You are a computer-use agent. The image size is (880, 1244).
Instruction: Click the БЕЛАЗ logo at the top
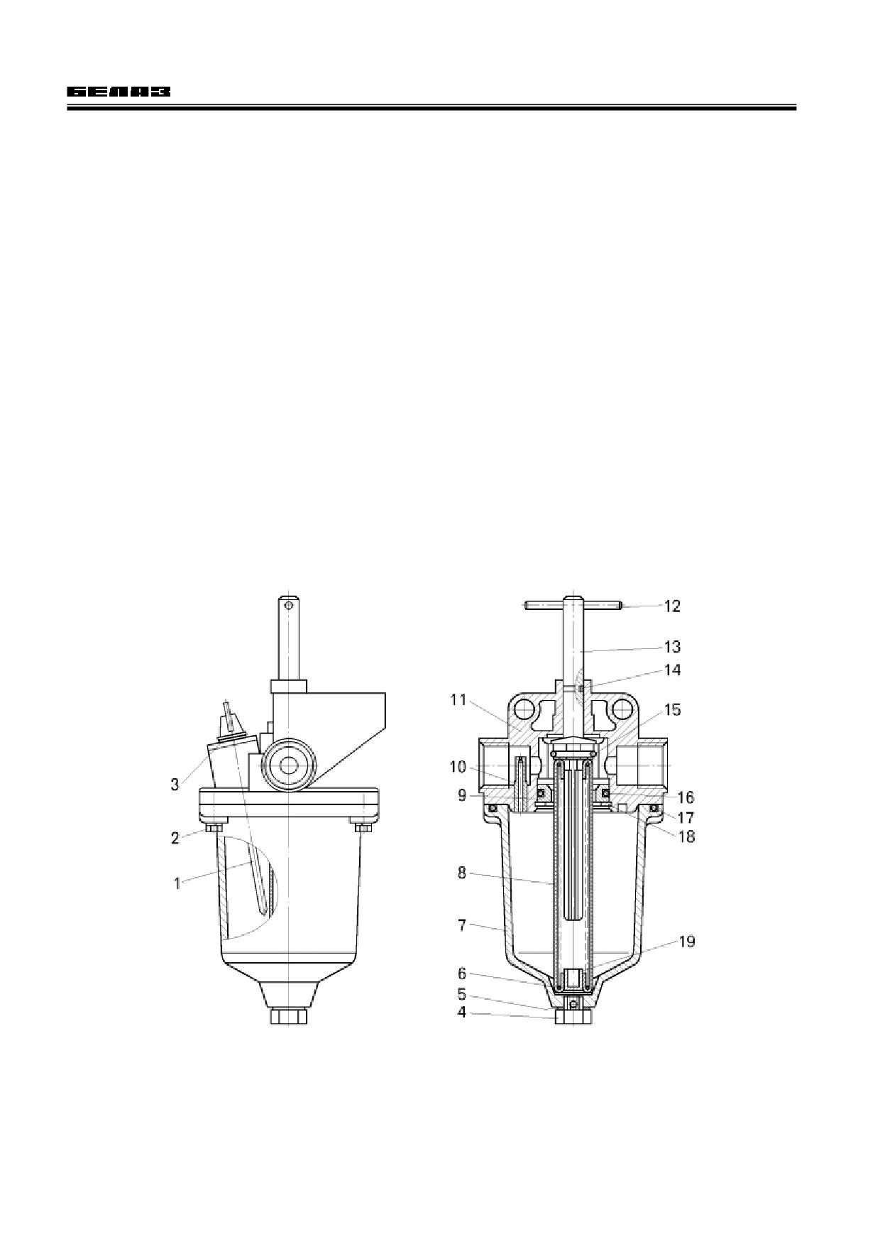click(119, 92)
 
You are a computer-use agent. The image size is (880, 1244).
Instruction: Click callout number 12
click(671, 606)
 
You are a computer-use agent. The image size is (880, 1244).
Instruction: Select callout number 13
click(671, 646)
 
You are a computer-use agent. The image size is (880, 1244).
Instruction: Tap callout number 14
click(671, 670)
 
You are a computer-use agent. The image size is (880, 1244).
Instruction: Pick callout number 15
click(671, 709)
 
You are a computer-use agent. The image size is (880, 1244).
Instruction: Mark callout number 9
click(462, 795)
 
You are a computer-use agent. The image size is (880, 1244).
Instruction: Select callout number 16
click(686, 797)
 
